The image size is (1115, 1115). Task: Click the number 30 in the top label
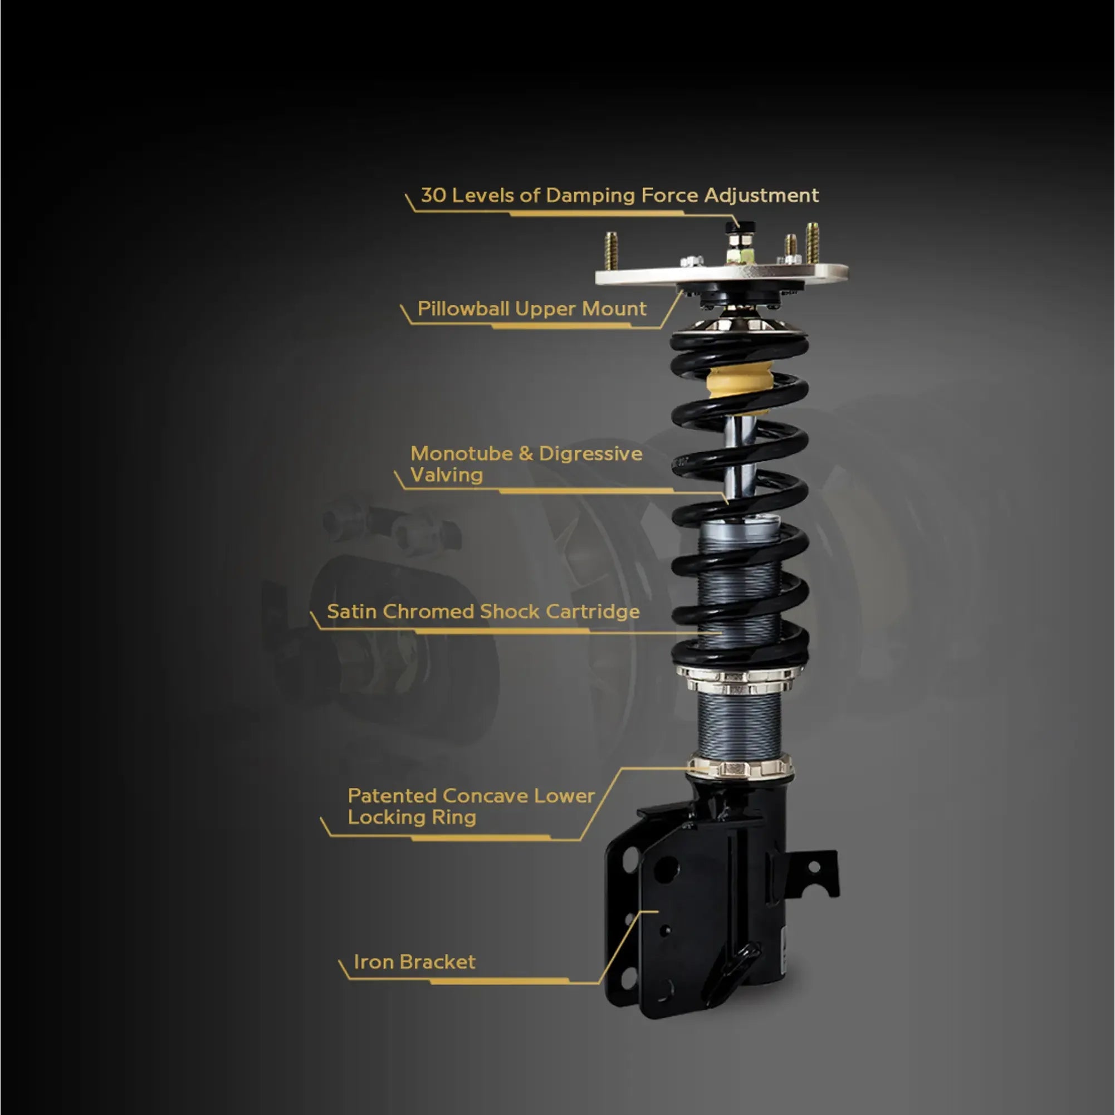coord(433,195)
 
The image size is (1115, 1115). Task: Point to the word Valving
coord(446,475)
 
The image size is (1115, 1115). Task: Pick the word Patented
coord(392,796)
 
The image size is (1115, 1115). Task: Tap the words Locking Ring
coord(412,817)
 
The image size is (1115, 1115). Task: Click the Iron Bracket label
coord(414,962)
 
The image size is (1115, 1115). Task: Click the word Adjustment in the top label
coord(761,195)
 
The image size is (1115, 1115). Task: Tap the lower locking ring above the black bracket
coord(740,767)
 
